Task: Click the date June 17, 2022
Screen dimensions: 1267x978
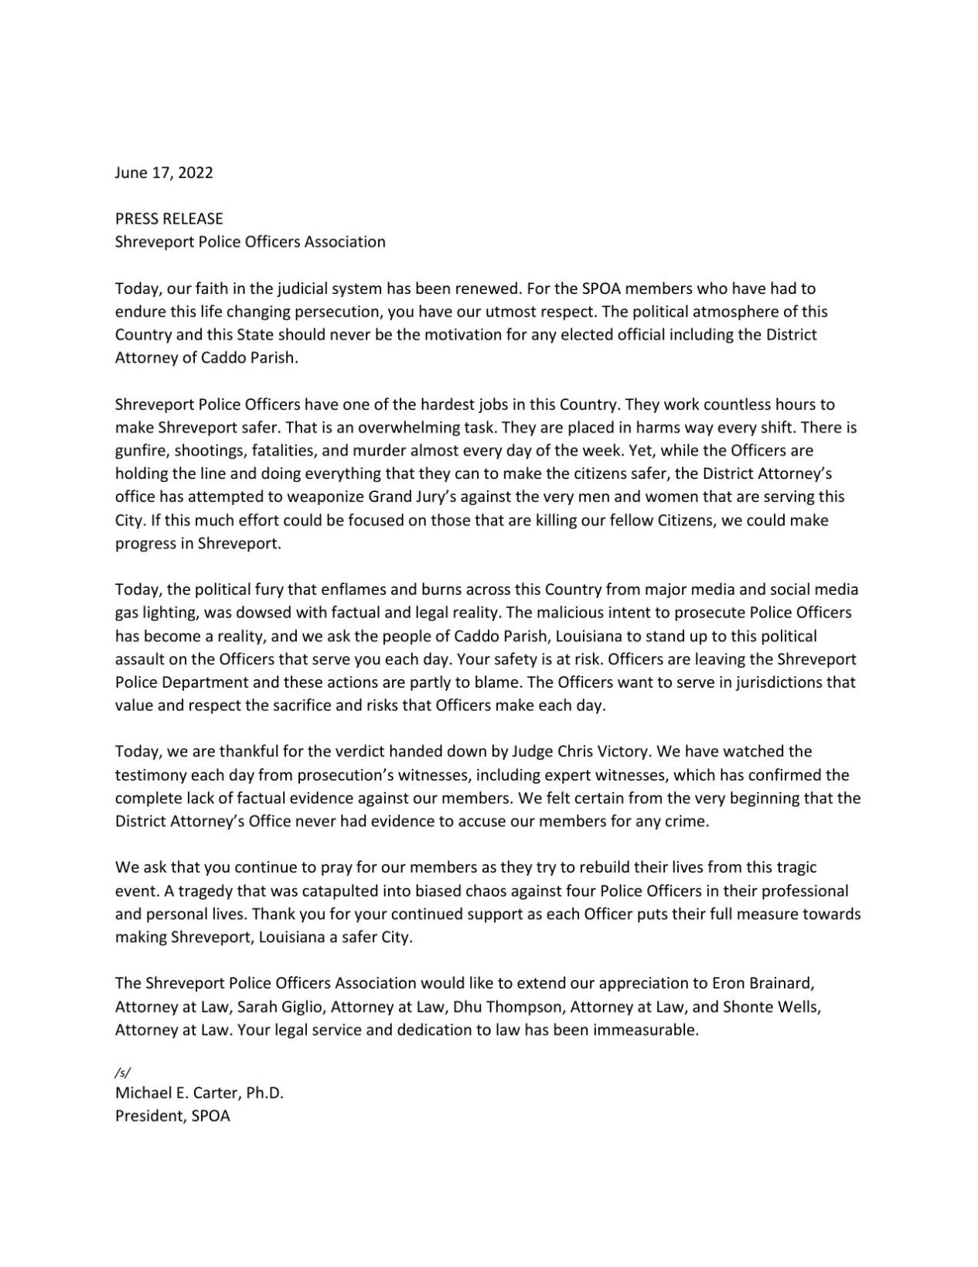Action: pos(164,172)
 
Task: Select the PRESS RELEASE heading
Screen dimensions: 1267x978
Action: pos(169,219)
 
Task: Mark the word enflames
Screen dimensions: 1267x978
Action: pos(383,589)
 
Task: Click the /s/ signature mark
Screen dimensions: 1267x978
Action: pos(123,1072)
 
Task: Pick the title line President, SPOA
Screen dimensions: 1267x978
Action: pos(172,1116)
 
